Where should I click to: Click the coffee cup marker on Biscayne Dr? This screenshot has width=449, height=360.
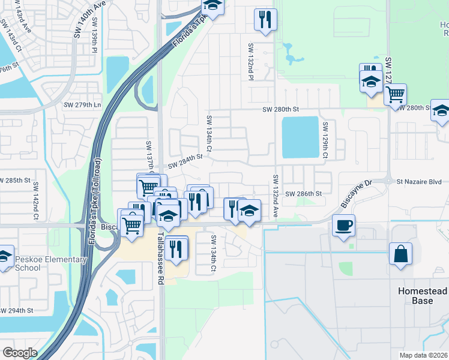[x=343, y=226]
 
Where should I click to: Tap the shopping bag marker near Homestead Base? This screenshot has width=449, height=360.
[x=400, y=254]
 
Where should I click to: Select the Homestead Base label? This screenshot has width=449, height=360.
[x=423, y=295]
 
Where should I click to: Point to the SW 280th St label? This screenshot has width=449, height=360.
[x=280, y=109]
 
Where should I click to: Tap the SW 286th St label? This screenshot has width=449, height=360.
[x=304, y=194]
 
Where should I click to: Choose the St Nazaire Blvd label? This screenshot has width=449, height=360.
[x=418, y=181]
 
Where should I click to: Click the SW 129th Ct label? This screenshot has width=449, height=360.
[x=325, y=140]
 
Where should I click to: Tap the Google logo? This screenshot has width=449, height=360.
[x=20, y=352]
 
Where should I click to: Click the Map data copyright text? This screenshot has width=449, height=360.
[x=423, y=355]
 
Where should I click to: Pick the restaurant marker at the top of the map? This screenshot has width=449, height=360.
[x=265, y=20]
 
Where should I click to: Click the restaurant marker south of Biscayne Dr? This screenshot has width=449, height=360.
[x=175, y=248]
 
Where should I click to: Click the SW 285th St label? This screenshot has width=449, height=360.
[x=15, y=180]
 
